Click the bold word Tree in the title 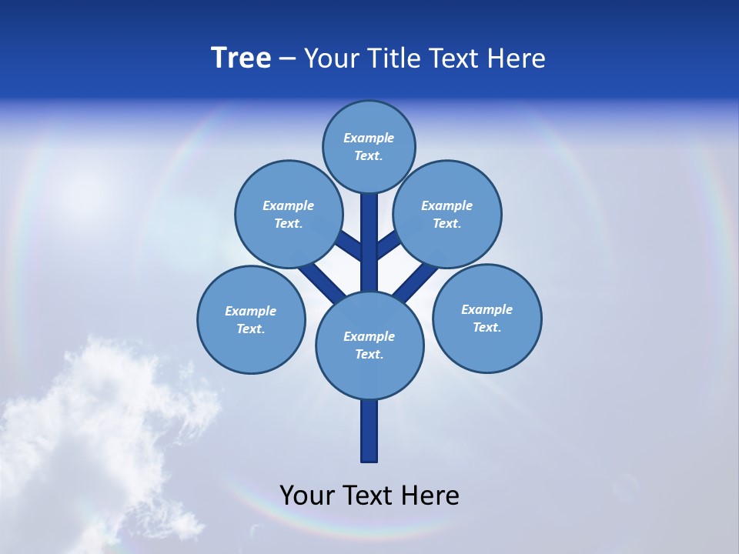(x=241, y=58)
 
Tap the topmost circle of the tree (x=369, y=146)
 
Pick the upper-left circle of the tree (x=289, y=214)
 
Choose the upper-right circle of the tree (x=447, y=214)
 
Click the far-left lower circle (x=251, y=319)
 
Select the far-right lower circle (x=487, y=318)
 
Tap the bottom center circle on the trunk (x=369, y=345)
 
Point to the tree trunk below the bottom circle (x=369, y=431)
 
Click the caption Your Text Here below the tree (x=369, y=495)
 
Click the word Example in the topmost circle (x=369, y=138)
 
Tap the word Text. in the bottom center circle (x=369, y=354)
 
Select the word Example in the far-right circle (x=487, y=309)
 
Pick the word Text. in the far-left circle (x=250, y=329)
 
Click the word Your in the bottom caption (x=306, y=495)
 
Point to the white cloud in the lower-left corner (x=92, y=431)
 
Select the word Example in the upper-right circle (x=447, y=205)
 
